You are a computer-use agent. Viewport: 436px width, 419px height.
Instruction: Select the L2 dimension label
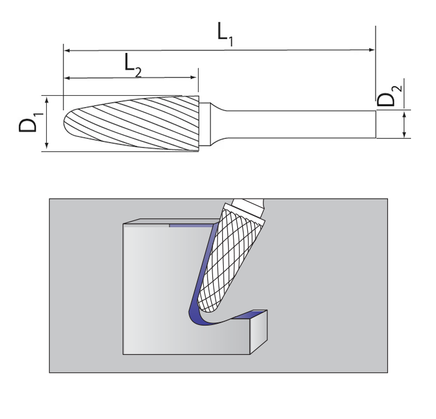tap(132, 64)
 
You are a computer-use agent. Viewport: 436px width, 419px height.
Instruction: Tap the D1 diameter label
tap(29, 123)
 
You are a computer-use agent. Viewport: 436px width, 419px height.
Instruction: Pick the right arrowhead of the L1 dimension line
tap(372, 49)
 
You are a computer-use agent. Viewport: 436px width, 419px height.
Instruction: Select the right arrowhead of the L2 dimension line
tap(194, 78)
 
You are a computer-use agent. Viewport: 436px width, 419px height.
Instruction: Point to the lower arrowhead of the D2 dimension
tap(405, 134)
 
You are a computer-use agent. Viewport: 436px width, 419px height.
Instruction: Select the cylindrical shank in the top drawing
tap(299, 124)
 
